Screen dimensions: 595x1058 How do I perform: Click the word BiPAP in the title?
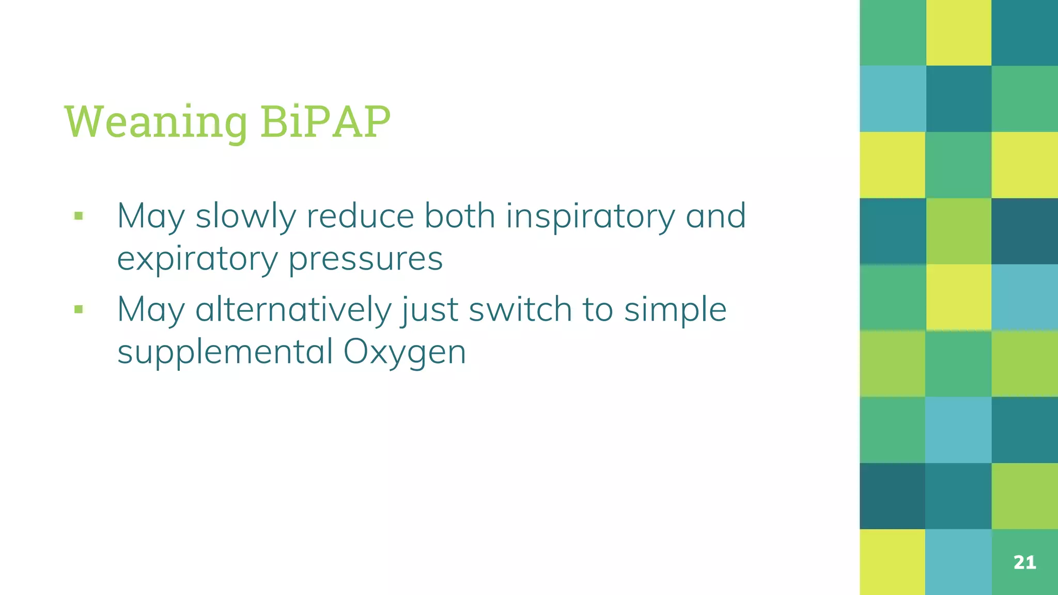pos(325,122)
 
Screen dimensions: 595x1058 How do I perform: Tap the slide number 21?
pos(1024,562)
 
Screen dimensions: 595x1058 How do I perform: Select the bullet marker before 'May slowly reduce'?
pos(79,216)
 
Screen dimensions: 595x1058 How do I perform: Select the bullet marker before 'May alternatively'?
pos(79,310)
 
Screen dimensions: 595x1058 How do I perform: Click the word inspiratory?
pos(590,216)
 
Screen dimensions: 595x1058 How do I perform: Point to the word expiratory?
pos(197,259)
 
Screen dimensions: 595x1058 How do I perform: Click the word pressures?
pos(365,259)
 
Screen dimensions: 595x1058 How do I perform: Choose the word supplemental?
pos(225,352)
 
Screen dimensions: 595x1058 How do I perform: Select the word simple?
pos(675,310)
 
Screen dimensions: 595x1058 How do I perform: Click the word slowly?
pos(245,216)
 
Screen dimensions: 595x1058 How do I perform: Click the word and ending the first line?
pos(715,216)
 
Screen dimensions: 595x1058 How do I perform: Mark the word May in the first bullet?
pos(150,216)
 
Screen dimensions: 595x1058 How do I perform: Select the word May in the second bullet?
pos(150,310)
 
